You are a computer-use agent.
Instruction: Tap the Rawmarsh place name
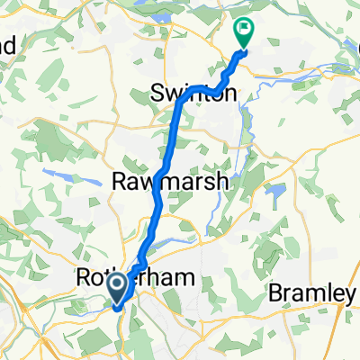coord(171,181)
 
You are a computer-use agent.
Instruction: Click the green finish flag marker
coord(244,32)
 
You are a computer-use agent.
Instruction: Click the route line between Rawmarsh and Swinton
coord(172,135)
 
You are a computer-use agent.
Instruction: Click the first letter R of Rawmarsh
coord(118,181)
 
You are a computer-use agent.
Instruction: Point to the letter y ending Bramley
coord(353,295)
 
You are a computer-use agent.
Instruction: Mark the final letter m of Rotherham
coord(185,280)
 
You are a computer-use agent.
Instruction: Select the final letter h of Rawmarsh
coord(225,181)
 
